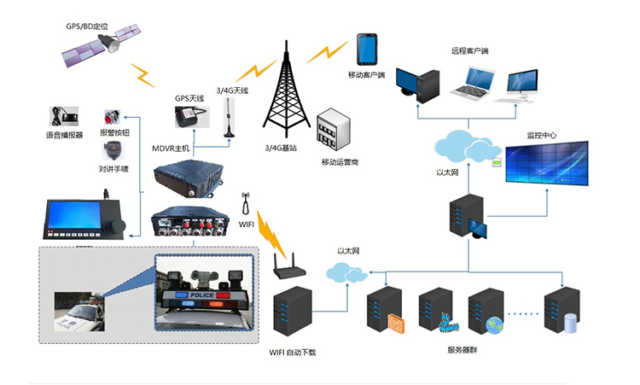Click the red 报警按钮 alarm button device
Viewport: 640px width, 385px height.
click(110, 117)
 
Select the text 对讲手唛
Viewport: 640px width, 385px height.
click(113, 168)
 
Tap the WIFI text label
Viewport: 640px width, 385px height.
click(247, 225)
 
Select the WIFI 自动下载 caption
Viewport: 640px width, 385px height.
click(294, 352)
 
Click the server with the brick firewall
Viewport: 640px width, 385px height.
click(387, 311)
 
